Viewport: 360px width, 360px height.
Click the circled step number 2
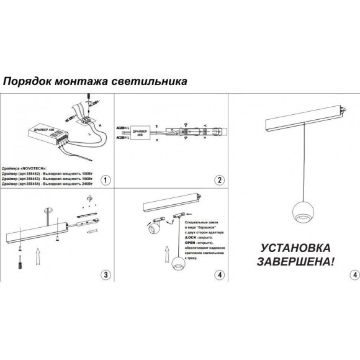point(219,181)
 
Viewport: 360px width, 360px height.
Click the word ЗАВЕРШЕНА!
point(294,261)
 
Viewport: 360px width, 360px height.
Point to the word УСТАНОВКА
point(294,246)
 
